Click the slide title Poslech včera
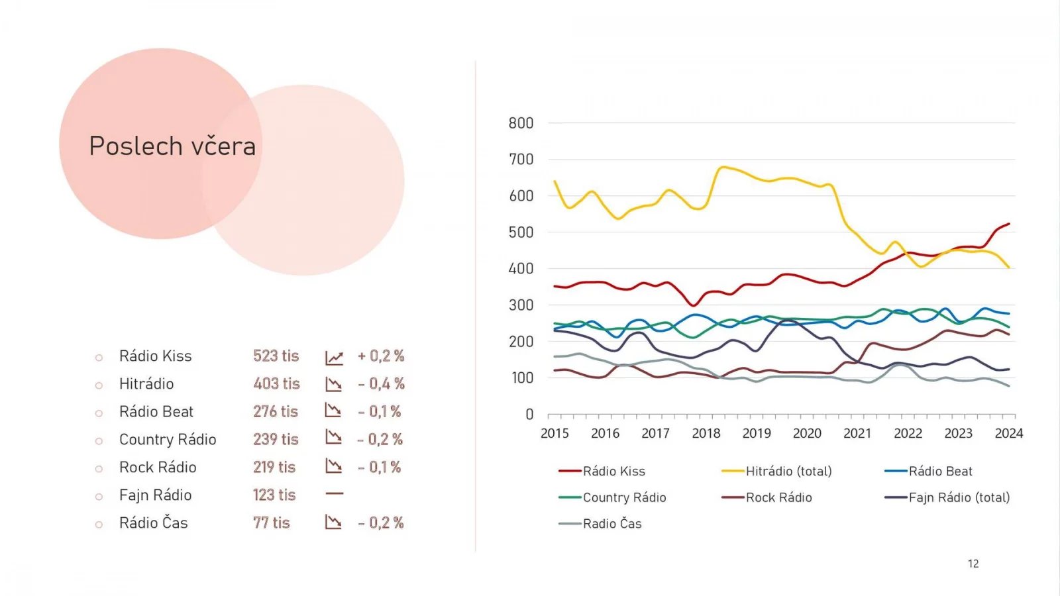pyautogui.click(x=172, y=146)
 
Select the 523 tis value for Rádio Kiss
pyautogui.click(x=276, y=356)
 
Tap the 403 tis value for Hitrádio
pyautogui.click(x=276, y=384)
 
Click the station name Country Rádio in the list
pyautogui.click(x=168, y=440)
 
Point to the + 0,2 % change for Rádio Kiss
pyautogui.click(x=381, y=356)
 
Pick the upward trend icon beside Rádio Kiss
pyautogui.click(x=334, y=358)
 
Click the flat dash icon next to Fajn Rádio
pyautogui.click(x=335, y=494)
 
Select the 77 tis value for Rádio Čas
pyautogui.click(x=272, y=523)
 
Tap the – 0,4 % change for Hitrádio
pyautogui.click(x=381, y=384)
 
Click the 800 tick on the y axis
pyautogui.click(x=521, y=123)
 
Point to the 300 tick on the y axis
pyautogui.click(x=521, y=305)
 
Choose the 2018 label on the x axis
pyautogui.click(x=706, y=434)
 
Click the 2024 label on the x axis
pyautogui.click(x=1009, y=434)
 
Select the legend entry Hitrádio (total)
pyautogui.click(x=788, y=472)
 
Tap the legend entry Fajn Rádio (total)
pyautogui.click(x=959, y=498)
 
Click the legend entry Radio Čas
pyautogui.click(x=611, y=524)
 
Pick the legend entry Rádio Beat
pyautogui.click(x=940, y=472)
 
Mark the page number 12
pyautogui.click(x=973, y=564)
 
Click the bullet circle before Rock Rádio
pyautogui.click(x=99, y=469)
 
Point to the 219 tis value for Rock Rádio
pyautogui.click(x=274, y=468)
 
